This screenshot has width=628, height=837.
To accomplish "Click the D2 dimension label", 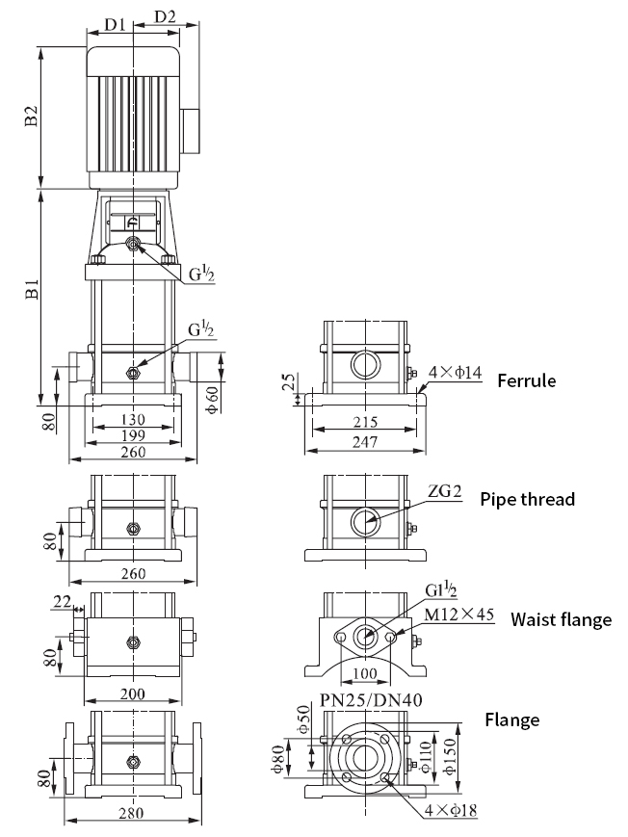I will point(166,17).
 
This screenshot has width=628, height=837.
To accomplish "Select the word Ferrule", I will point(526,380).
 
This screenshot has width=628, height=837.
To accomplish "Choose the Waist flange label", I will point(561,619).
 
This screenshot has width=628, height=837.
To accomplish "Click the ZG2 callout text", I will point(445,492).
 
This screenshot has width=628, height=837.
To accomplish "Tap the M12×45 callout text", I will point(462,615).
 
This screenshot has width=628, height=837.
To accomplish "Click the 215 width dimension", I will point(363,422).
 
